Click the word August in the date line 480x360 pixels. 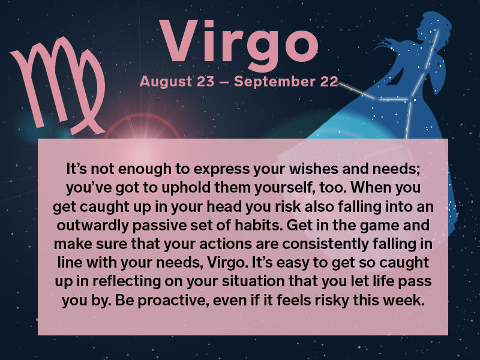166,82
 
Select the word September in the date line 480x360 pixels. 274,82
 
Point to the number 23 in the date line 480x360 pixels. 205,82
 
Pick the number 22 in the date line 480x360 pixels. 329,82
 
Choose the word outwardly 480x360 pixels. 92,226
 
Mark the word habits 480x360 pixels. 258,225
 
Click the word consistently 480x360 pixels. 325,244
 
